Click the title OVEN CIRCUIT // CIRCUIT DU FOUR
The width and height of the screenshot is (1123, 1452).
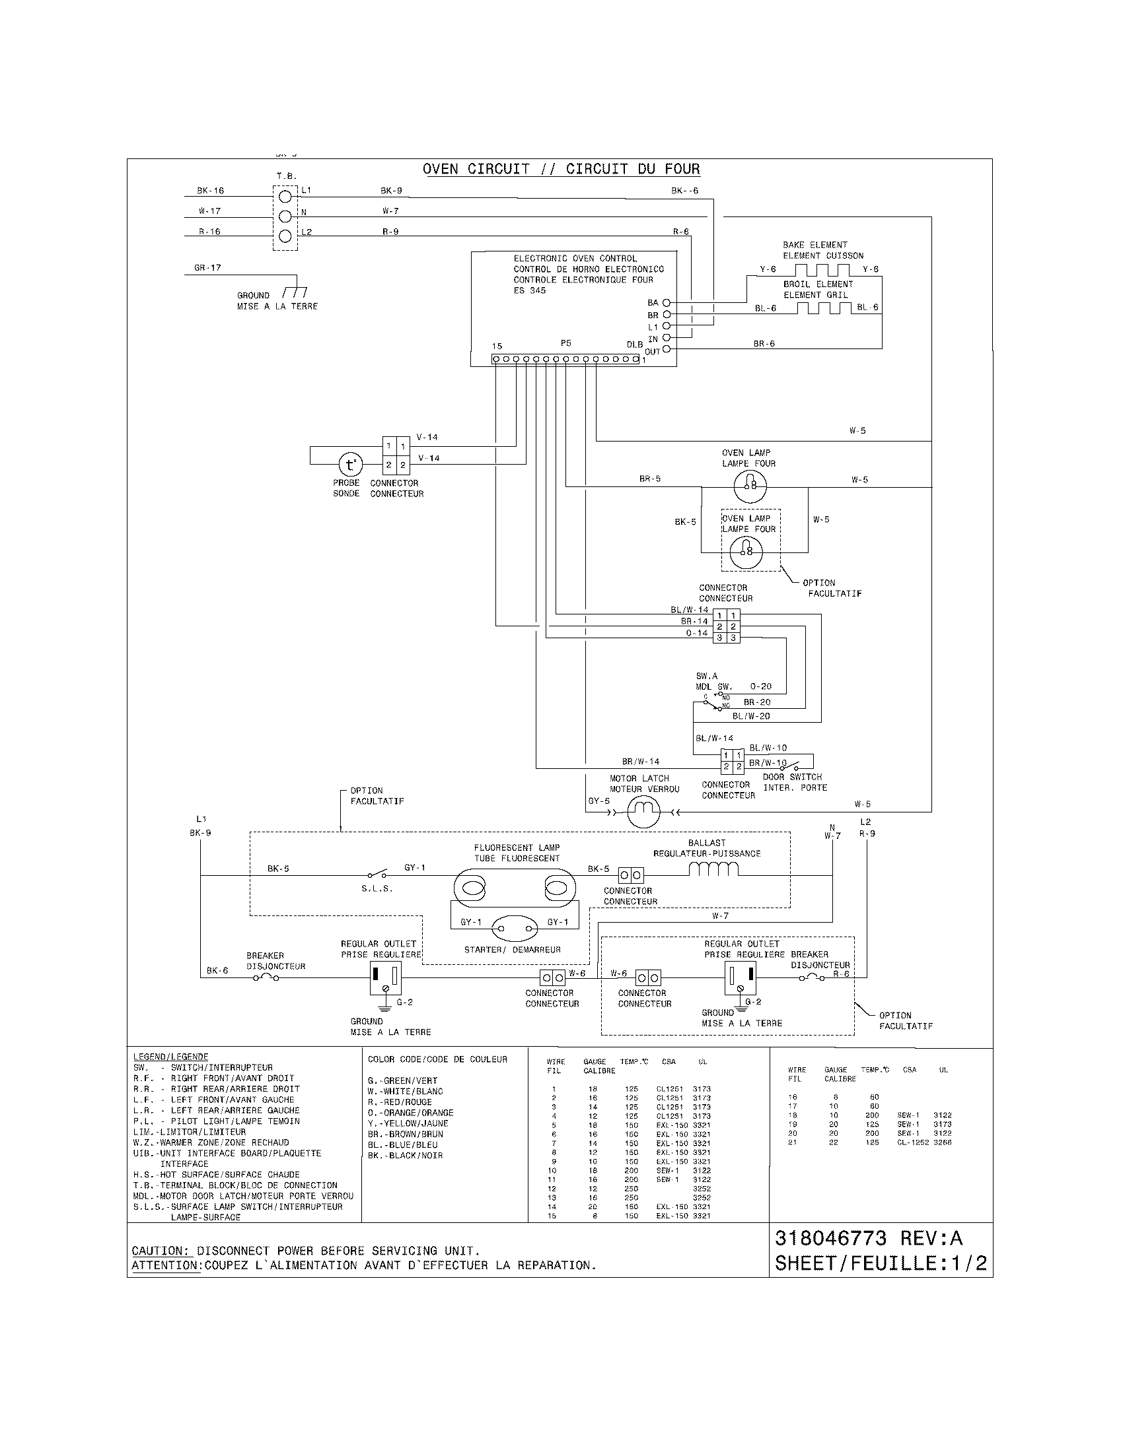(561, 169)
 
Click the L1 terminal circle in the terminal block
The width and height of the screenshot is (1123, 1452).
(285, 195)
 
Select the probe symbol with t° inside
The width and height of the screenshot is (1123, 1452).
(351, 463)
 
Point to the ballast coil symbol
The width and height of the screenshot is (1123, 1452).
(713, 869)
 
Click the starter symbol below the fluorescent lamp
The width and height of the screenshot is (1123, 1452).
(512, 928)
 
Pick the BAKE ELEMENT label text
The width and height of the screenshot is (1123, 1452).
(815, 245)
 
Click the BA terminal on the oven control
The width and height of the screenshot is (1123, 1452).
(666, 302)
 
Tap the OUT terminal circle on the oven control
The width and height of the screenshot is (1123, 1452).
(667, 349)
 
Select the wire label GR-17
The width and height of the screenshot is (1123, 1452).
(207, 268)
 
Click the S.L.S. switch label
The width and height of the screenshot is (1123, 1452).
(377, 889)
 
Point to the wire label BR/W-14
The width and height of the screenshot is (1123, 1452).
(640, 762)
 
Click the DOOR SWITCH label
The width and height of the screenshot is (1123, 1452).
(791, 777)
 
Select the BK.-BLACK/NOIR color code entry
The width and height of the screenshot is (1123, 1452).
(404, 1156)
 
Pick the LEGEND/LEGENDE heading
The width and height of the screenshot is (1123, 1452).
(170, 1057)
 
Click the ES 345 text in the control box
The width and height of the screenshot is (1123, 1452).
(529, 290)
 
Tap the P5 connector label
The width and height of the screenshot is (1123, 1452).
(565, 343)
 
